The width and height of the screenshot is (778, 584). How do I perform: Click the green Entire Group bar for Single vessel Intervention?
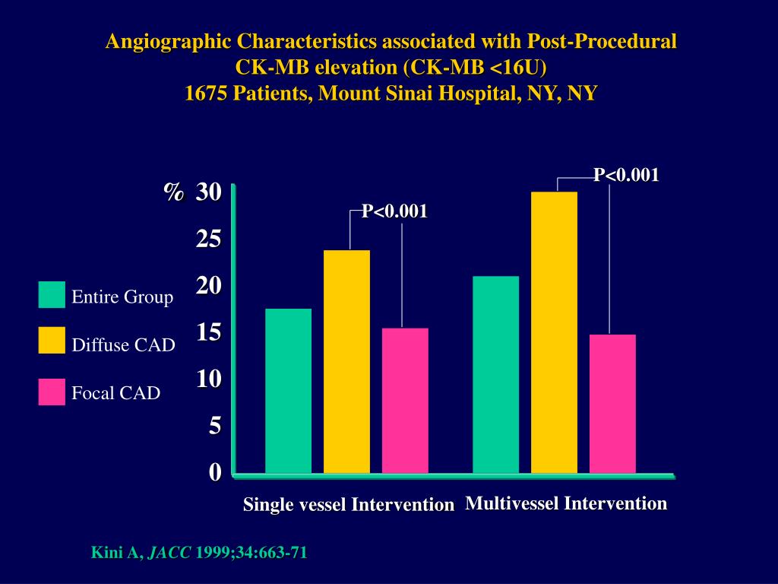click(x=288, y=391)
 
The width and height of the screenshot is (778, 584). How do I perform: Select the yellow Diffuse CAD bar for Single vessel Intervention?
click(x=346, y=362)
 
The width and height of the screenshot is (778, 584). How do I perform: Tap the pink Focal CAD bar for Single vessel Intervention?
click(x=405, y=401)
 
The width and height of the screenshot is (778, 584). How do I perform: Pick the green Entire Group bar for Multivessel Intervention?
click(x=495, y=375)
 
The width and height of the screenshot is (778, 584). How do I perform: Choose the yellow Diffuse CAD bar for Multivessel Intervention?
click(x=554, y=332)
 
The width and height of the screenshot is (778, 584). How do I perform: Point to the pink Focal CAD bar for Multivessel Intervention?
click(x=612, y=404)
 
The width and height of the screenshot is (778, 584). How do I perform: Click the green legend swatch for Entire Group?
click(x=52, y=295)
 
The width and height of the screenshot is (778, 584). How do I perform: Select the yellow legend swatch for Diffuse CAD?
click(x=52, y=341)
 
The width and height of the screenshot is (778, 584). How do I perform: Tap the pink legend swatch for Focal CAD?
click(x=52, y=392)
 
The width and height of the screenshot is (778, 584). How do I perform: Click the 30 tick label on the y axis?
click(x=208, y=192)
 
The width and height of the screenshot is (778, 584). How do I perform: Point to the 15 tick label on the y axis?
click(x=208, y=332)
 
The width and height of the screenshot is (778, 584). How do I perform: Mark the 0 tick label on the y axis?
click(x=215, y=472)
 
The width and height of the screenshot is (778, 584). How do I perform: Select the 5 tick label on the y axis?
click(x=215, y=426)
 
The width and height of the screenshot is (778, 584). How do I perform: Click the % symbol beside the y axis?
click(x=174, y=192)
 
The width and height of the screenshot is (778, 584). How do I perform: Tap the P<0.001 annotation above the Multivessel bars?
click(x=626, y=175)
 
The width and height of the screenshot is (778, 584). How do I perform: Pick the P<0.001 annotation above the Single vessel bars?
click(x=394, y=211)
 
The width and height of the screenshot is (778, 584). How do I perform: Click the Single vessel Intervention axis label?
click(x=348, y=504)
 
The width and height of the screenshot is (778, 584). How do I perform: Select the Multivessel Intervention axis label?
click(x=566, y=503)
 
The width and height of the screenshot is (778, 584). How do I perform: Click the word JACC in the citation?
click(x=169, y=553)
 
